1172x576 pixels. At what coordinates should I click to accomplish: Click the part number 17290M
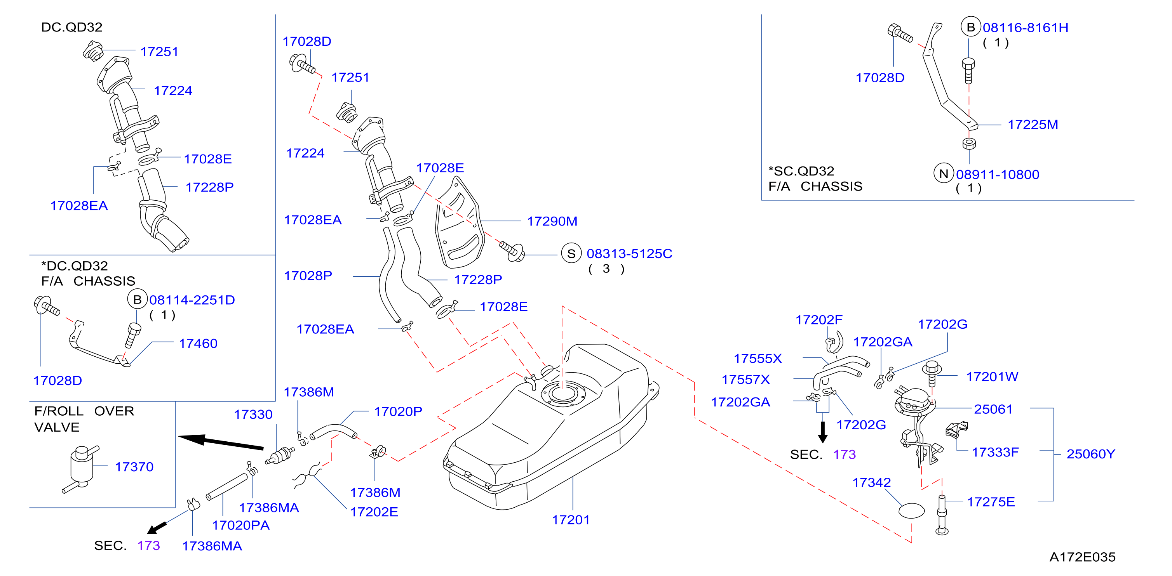[552, 221]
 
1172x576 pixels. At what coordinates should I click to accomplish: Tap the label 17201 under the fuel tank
[571, 520]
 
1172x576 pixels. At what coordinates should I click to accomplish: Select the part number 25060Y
[1090, 454]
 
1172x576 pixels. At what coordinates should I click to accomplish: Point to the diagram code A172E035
[1082, 557]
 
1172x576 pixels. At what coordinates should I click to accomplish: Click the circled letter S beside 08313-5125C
[571, 254]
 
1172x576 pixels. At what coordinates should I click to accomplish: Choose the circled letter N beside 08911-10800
[944, 173]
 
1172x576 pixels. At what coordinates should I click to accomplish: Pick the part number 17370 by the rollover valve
[134, 467]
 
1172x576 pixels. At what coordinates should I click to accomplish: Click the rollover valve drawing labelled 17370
[81, 469]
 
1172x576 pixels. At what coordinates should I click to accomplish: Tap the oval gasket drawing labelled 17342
[912, 510]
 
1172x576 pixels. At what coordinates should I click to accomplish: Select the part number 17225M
[1033, 125]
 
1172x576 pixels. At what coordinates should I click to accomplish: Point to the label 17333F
[995, 452]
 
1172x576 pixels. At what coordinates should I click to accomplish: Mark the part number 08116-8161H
[1026, 27]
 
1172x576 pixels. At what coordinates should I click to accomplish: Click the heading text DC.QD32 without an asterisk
[71, 27]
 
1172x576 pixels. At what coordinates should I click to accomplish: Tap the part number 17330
[253, 414]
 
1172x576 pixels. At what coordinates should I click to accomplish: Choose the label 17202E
[374, 512]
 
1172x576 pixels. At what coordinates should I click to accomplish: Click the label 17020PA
[241, 525]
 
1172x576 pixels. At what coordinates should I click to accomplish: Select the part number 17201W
[992, 376]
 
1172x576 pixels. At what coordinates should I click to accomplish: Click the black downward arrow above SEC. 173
[823, 432]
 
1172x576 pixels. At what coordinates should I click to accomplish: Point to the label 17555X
[758, 359]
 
